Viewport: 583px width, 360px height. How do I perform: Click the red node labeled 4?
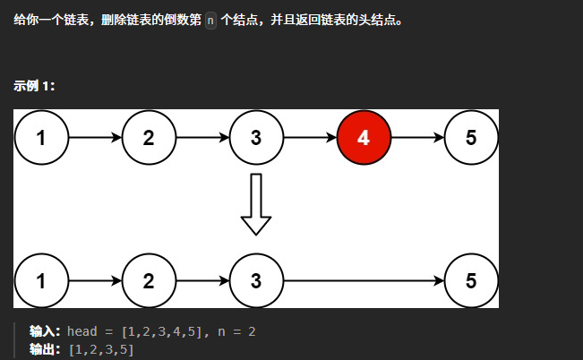tap(364, 138)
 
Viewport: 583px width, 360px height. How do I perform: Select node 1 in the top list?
tap(41, 138)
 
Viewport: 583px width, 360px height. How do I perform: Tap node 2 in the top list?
tap(149, 138)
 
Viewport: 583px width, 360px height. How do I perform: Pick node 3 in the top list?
tap(256, 138)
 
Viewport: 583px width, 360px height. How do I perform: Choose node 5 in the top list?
tap(471, 138)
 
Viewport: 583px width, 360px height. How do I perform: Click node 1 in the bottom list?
tap(41, 280)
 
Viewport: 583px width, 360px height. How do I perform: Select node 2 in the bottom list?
tap(149, 280)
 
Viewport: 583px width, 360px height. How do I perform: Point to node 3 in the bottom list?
tap(256, 280)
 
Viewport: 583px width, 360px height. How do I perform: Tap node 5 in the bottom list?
tap(471, 280)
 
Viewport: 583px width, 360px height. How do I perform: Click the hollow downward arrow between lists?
tap(256, 204)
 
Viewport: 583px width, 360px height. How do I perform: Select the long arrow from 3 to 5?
tap(364, 280)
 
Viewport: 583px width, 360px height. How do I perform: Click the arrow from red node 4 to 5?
tap(417, 138)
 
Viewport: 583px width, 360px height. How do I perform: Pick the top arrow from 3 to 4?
tap(310, 138)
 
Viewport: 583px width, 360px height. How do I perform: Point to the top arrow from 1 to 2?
tap(95, 138)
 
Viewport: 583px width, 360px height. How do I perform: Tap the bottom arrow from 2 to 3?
tap(202, 280)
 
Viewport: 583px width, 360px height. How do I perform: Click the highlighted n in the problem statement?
tap(210, 20)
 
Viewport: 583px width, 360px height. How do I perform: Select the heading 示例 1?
tap(35, 86)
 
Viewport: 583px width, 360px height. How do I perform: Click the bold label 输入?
tap(46, 331)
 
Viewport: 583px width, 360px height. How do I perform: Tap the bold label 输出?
tap(46, 348)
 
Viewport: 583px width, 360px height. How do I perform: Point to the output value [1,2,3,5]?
tap(101, 348)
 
